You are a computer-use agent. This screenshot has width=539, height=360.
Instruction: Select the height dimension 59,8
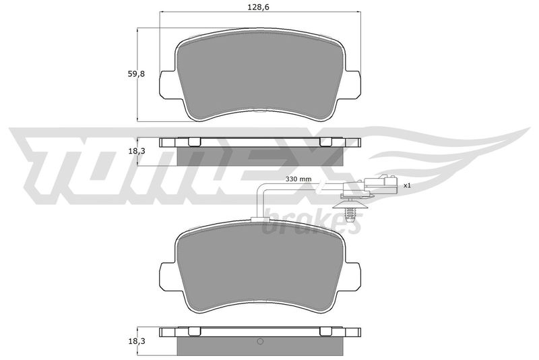pyautogui.click(x=136, y=74)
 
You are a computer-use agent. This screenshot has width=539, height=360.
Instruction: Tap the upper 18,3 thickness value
pyautogui.click(x=136, y=151)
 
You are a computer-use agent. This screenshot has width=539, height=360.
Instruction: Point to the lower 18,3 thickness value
pyautogui.click(x=136, y=340)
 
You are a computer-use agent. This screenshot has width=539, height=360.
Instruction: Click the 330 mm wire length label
pyautogui.click(x=298, y=179)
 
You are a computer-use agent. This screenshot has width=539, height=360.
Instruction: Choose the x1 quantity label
pyautogui.click(x=407, y=185)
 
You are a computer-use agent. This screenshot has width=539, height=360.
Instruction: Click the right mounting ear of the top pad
pyautogui.click(x=352, y=85)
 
